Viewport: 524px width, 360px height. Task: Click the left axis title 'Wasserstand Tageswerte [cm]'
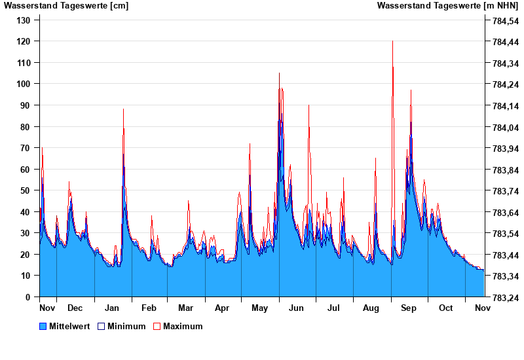click(x=65, y=6)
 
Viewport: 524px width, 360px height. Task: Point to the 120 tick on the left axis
click(x=23, y=41)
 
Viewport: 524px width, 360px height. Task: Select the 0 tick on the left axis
click(x=28, y=297)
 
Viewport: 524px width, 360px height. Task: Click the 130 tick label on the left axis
click(x=23, y=20)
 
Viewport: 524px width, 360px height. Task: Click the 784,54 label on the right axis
click(x=504, y=20)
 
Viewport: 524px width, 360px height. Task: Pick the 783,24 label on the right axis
click(x=504, y=297)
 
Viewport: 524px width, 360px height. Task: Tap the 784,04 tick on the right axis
click(x=504, y=127)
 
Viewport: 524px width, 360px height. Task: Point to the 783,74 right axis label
click(x=504, y=191)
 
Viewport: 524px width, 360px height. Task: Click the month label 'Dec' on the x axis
click(x=75, y=308)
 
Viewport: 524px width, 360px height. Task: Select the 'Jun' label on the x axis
click(x=296, y=308)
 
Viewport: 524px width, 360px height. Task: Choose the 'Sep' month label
click(x=409, y=308)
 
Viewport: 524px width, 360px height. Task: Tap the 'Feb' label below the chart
click(x=149, y=308)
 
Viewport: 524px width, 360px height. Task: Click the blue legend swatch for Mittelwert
click(x=43, y=326)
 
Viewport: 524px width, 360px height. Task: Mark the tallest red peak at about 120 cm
click(x=392, y=42)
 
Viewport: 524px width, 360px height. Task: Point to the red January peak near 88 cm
click(x=123, y=109)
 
